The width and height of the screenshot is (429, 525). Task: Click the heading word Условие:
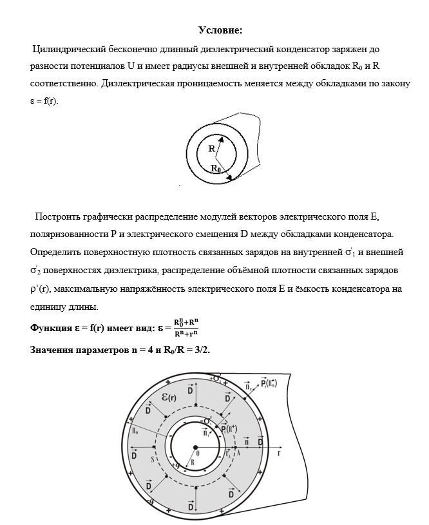point(220,30)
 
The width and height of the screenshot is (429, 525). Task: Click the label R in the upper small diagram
point(211,148)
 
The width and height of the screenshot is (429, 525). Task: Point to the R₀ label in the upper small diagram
point(216,168)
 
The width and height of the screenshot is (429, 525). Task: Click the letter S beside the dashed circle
point(152,459)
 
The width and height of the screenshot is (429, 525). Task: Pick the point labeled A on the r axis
point(239,453)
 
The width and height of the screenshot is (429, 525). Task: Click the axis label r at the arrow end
point(280,453)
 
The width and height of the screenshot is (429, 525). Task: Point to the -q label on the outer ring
point(149,501)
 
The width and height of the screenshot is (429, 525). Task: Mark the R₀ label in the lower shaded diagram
point(136,430)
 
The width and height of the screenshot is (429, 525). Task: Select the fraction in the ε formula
point(186,327)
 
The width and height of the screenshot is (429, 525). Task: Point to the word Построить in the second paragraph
point(59,216)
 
